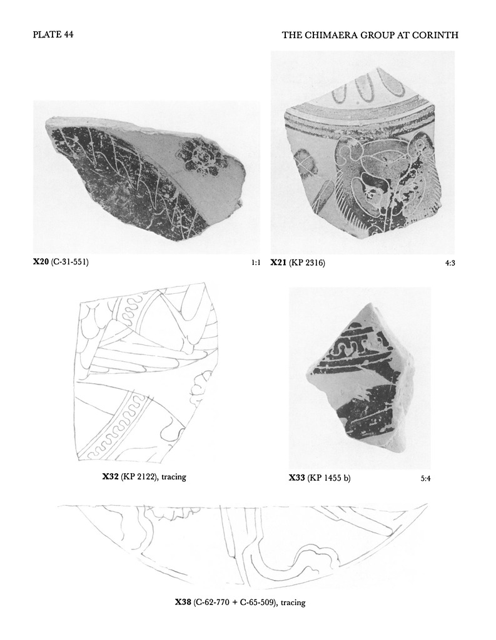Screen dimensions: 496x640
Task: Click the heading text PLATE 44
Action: click(53, 35)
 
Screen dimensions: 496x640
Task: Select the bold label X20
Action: click(41, 261)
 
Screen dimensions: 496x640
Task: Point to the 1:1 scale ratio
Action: click(256, 263)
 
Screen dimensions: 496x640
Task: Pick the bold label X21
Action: click(278, 263)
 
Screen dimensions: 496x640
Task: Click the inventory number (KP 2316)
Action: click(307, 263)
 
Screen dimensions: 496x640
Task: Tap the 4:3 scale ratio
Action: click(450, 263)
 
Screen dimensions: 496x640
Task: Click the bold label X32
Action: click(110, 476)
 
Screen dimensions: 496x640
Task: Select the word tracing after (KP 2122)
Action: click(174, 476)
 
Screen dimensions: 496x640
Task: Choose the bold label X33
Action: click(297, 477)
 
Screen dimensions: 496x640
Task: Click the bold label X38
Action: click(183, 602)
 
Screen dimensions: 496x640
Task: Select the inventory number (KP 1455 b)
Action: click(329, 477)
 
